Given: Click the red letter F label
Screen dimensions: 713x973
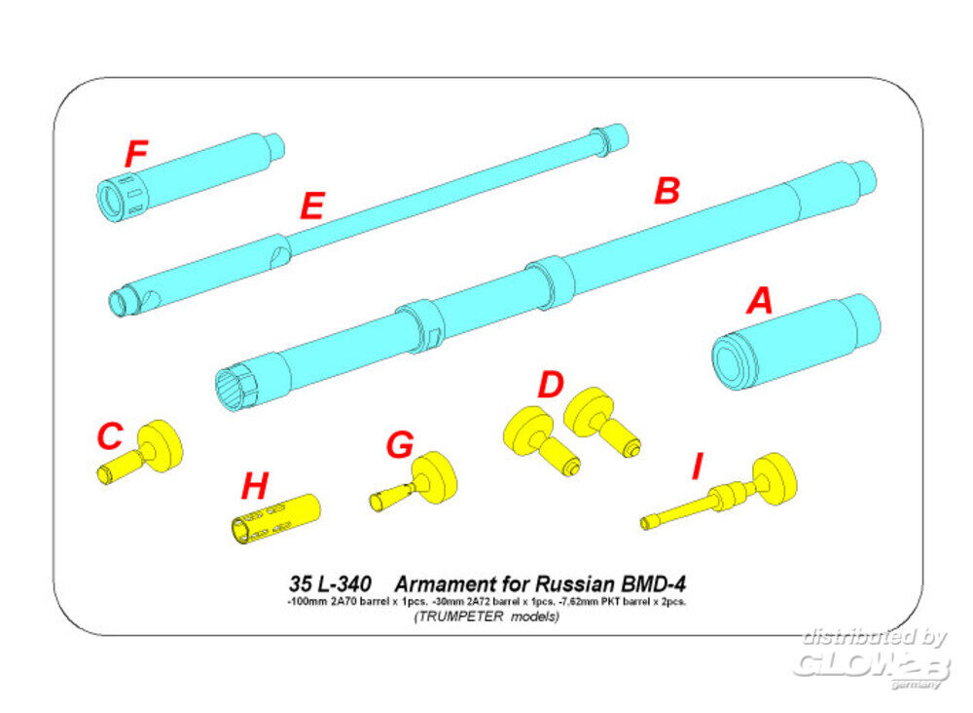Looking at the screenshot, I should (136, 154).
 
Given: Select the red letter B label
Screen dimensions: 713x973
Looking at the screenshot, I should (666, 191).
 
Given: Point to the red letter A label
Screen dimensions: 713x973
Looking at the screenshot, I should (758, 301).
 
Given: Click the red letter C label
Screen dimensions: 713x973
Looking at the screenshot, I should (110, 436).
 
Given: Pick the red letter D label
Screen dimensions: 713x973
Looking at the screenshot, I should (551, 385).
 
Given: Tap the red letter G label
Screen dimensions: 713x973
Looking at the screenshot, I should (399, 445).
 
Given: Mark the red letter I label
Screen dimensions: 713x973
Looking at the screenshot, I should (696, 469).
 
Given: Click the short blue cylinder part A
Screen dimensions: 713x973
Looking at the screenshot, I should (796, 341).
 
